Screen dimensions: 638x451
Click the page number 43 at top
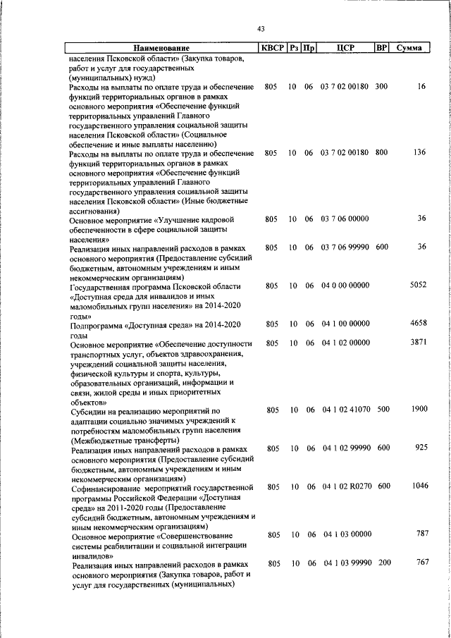coord(261,29)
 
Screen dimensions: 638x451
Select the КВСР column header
coord(271,49)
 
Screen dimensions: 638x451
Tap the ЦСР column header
coord(345,49)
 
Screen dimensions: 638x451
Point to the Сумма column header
coord(409,49)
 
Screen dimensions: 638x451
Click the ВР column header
coord(381,49)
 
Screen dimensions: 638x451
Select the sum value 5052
coord(418,285)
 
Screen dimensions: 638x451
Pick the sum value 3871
coord(418,342)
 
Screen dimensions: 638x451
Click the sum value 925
coord(421,448)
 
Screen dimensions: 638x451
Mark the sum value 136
coord(421,152)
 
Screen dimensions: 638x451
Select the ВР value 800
coord(381,153)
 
